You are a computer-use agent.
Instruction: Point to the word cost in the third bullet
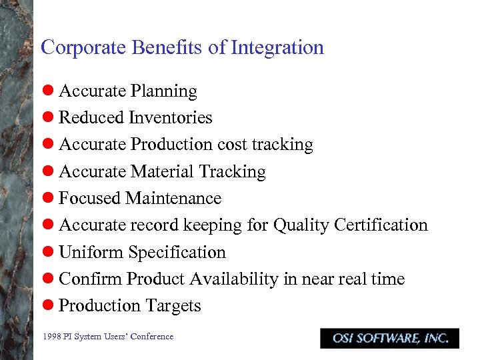tap(232, 145)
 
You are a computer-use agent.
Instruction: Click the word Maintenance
tap(173, 199)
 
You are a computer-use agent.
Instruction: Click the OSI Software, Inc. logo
tap(389, 338)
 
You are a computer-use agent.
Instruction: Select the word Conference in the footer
tap(151, 337)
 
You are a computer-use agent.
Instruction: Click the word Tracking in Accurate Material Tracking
tap(233, 172)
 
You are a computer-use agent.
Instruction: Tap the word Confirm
tap(91, 279)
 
